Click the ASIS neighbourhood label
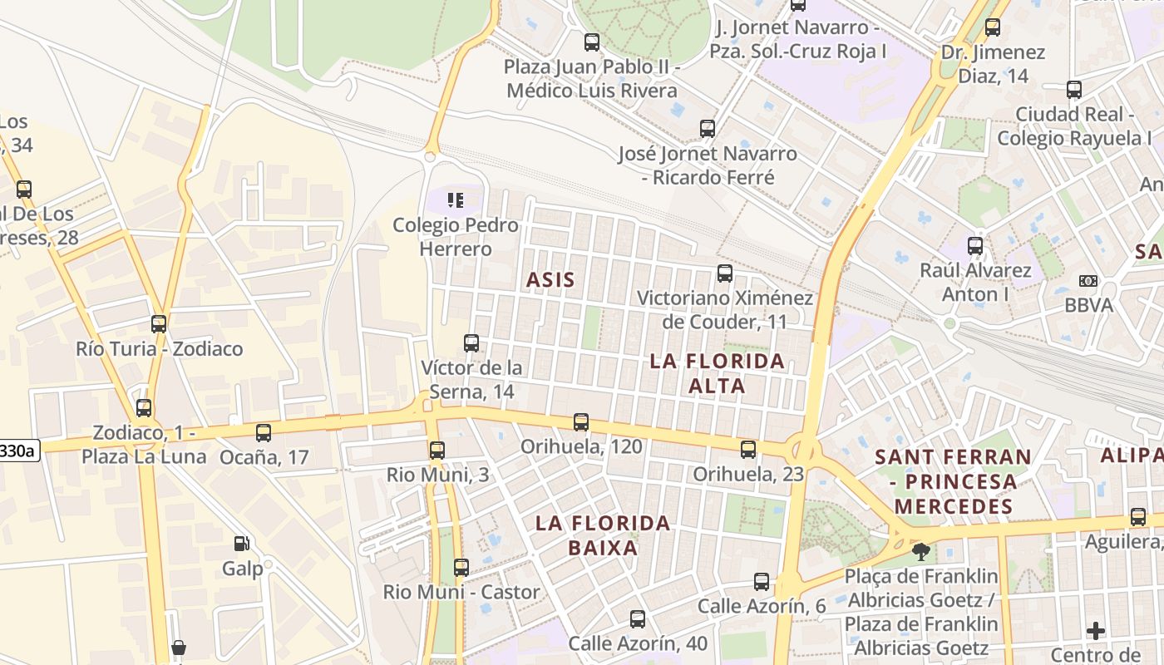point(550,280)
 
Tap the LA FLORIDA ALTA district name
point(717,374)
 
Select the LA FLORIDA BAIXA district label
point(603,535)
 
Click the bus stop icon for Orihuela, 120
point(581,422)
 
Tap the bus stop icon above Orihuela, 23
point(748,450)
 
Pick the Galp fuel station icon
point(241,544)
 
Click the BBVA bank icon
point(1088,281)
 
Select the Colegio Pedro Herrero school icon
point(455,199)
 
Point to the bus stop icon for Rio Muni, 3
point(436,451)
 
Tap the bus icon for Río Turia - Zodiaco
point(159,324)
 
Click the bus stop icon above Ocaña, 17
point(264,432)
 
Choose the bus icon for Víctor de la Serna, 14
point(471,342)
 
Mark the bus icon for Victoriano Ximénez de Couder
point(725,273)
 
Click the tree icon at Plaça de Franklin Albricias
point(920,551)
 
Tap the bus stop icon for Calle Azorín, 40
point(638,619)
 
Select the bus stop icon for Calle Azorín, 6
point(762,582)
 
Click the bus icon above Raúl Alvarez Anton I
point(975,246)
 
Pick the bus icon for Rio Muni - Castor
point(461,568)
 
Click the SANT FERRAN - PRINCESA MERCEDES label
point(953,481)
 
